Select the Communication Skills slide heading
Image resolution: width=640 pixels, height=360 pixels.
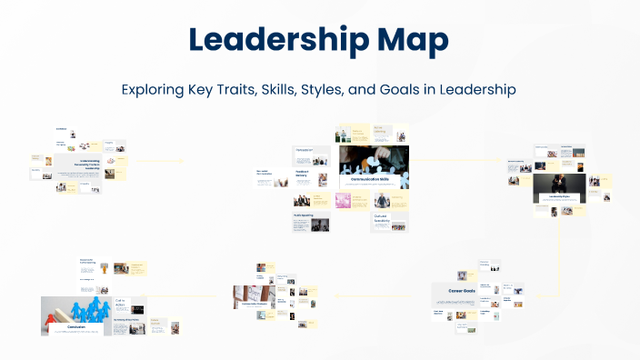(375, 180)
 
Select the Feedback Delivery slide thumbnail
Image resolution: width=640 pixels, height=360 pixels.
(308, 175)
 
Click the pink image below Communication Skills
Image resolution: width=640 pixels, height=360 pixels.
(343, 200)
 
